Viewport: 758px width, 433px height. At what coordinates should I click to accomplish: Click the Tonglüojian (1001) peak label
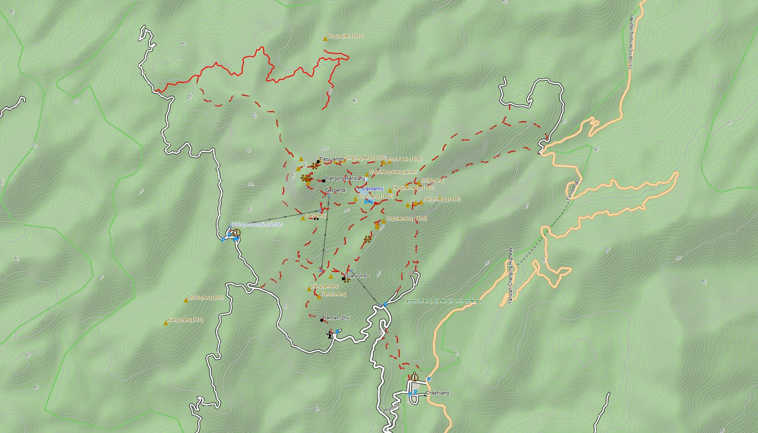(345, 36)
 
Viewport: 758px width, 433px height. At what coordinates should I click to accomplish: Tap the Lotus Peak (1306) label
(403, 159)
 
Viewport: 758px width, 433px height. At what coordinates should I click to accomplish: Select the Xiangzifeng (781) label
(185, 320)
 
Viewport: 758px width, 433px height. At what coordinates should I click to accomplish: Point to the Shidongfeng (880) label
(205, 298)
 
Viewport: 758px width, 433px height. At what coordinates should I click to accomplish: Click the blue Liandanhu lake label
(373, 188)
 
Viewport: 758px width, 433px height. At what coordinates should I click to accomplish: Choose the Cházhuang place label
(437, 393)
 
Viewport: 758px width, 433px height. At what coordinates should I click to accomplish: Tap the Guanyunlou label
(357, 275)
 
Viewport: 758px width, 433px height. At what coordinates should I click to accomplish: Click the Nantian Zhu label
(336, 318)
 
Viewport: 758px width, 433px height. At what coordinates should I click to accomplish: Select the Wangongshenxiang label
(345, 178)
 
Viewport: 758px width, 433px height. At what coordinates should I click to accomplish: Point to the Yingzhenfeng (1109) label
(406, 218)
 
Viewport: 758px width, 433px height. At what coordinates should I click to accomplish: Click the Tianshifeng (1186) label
(441, 199)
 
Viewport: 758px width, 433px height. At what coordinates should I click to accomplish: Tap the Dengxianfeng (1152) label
(413, 187)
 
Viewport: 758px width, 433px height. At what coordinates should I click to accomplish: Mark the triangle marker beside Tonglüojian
(325, 38)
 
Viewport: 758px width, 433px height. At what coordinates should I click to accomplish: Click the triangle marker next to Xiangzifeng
(166, 323)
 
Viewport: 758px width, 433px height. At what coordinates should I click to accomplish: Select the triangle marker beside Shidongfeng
(186, 300)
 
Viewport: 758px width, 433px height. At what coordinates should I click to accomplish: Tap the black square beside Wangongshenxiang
(324, 181)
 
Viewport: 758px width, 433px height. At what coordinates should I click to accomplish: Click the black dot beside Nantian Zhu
(322, 320)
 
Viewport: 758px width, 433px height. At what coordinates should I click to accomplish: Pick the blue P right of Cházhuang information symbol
(429, 379)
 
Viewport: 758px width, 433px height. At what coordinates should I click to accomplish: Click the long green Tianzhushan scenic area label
(442, 301)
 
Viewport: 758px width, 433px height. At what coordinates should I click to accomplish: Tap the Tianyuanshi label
(332, 159)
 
